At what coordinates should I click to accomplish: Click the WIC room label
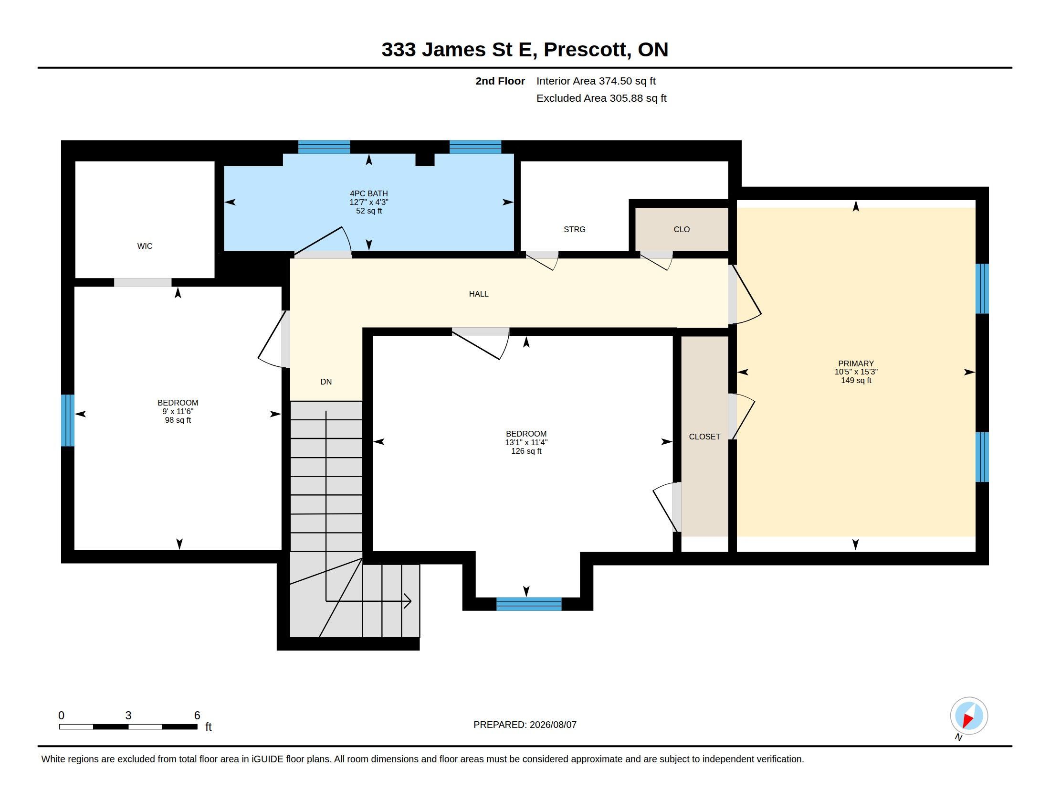(x=145, y=246)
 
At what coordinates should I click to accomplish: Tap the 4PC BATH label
(x=369, y=193)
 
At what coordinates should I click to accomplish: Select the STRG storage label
(x=575, y=229)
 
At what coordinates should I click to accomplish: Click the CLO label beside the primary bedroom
(x=682, y=229)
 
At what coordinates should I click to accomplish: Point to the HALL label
(x=479, y=294)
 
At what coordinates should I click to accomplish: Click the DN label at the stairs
(x=326, y=382)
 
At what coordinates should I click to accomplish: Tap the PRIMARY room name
(x=856, y=363)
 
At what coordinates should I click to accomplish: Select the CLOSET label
(x=704, y=437)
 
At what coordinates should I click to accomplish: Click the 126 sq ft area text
(x=526, y=451)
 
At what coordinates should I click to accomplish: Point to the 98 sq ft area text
(x=178, y=420)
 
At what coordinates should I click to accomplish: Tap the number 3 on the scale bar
(x=128, y=716)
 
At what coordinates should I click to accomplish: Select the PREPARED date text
(x=525, y=725)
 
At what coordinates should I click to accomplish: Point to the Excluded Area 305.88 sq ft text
(x=601, y=98)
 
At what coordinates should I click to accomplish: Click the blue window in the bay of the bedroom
(x=529, y=604)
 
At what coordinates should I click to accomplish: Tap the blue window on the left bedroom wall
(x=68, y=420)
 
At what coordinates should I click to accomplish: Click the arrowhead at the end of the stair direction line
(x=408, y=601)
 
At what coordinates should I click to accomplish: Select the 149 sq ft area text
(x=856, y=381)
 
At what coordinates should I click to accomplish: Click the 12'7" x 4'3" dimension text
(x=369, y=202)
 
